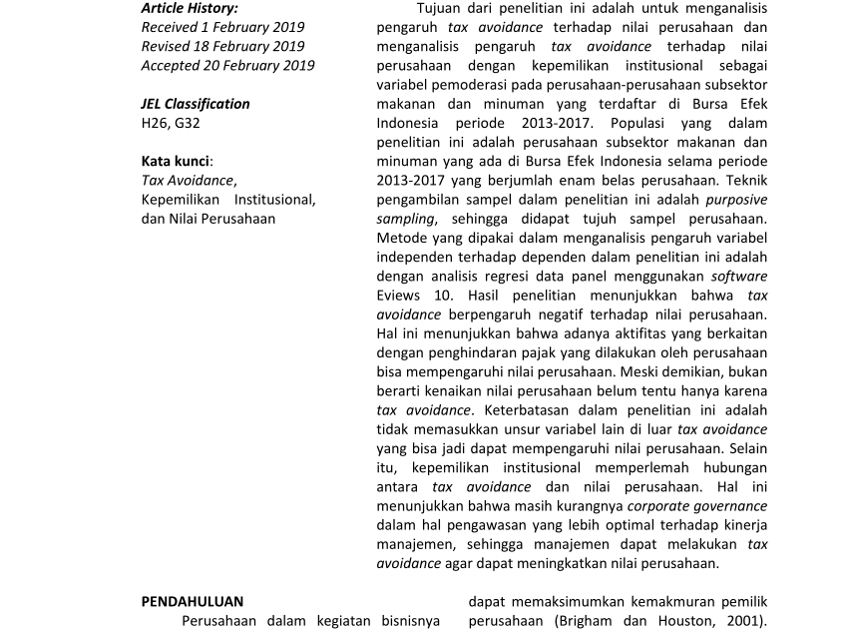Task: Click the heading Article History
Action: click(190, 8)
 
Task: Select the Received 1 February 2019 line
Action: click(222, 27)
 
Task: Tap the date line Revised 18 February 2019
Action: click(222, 46)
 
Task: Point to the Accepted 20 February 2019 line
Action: click(227, 65)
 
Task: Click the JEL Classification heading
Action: click(196, 104)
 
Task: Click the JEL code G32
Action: click(187, 123)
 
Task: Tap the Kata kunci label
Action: click(177, 161)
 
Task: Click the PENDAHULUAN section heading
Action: click(193, 601)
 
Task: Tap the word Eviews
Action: click(400, 296)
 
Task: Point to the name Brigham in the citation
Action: click(588, 620)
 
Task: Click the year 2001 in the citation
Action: click(742, 620)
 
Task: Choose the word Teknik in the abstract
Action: click(746, 181)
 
